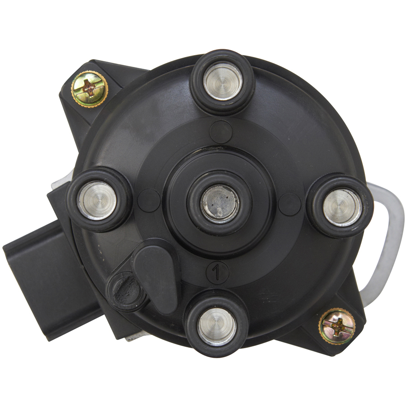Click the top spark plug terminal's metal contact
coord(222,81)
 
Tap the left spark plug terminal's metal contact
coord(97,201)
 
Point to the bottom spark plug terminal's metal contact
coord(217,327)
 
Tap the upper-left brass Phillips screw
coord(90,90)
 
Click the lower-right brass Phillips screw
coord(337,326)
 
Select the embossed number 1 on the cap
coord(216,273)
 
